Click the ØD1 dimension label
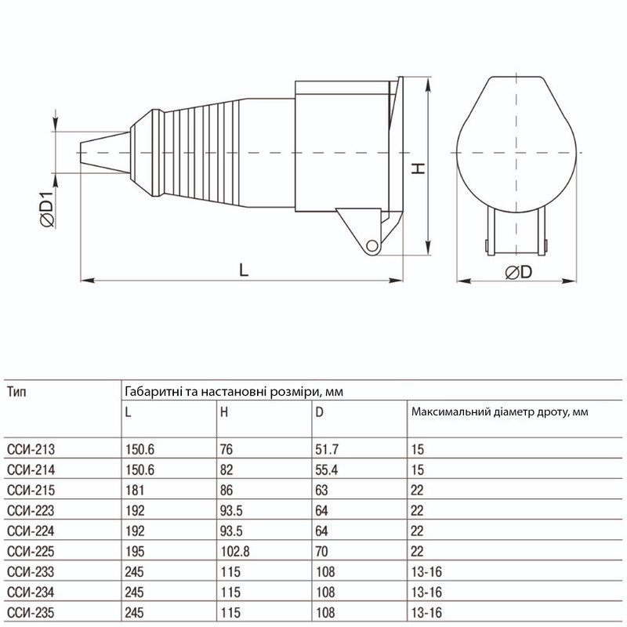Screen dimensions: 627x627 coord(47,209)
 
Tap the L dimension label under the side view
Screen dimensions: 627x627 coord(244,270)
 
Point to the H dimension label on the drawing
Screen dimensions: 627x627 coord(419,169)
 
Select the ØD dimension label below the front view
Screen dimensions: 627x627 coord(519,272)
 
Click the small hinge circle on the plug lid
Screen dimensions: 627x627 coord(372,245)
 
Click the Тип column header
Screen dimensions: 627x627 coord(16,391)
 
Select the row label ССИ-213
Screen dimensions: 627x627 coord(31,449)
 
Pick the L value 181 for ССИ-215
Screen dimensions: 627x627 coord(135,491)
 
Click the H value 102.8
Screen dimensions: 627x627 coord(235,552)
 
